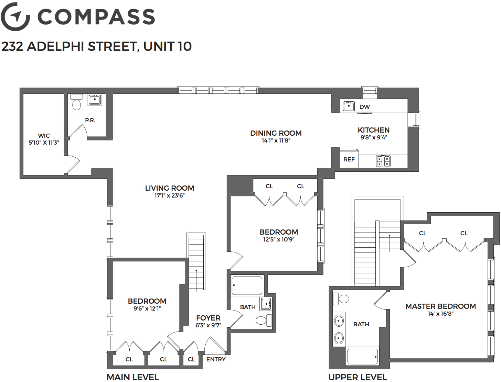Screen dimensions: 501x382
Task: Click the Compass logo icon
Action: pyautogui.click(x=15, y=16)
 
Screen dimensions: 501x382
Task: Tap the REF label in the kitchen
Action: pyautogui.click(x=349, y=159)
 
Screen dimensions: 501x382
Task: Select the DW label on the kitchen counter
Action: pyautogui.click(x=364, y=107)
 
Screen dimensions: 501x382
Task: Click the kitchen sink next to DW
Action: pyautogui.click(x=349, y=106)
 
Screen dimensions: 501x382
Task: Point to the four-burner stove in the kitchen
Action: pyautogui.click(x=383, y=161)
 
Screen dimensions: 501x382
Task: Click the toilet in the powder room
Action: pyautogui.click(x=76, y=102)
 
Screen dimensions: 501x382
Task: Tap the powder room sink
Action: pyautogui.click(x=95, y=100)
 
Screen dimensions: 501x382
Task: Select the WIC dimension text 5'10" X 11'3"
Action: pyautogui.click(x=44, y=143)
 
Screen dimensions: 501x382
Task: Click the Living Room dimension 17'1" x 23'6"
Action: pyautogui.click(x=170, y=195)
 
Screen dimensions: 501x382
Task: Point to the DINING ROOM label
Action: pyautogui.click(x=276, y=133)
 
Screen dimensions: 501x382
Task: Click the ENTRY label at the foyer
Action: pyautogui.click(x=216, y=359)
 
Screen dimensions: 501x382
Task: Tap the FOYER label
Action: pyautogui.click(x=209, y=318)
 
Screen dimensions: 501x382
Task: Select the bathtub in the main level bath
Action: pyautogui.click(x=247, y=286)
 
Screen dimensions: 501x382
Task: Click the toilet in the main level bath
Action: pyautogui.click(x=264, y=321)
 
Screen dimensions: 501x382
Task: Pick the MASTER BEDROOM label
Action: pyautogui.click(x=440, y=306)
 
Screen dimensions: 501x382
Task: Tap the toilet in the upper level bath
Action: pyautogui.click(x=341, y=299)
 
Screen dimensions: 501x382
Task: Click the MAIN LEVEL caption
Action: pyautogui.click(x=132, y=377)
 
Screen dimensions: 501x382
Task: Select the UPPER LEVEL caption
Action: pyautogui.click(x=358, y=377)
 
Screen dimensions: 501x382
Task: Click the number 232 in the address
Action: pyautogui.click(x=12, y=46)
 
